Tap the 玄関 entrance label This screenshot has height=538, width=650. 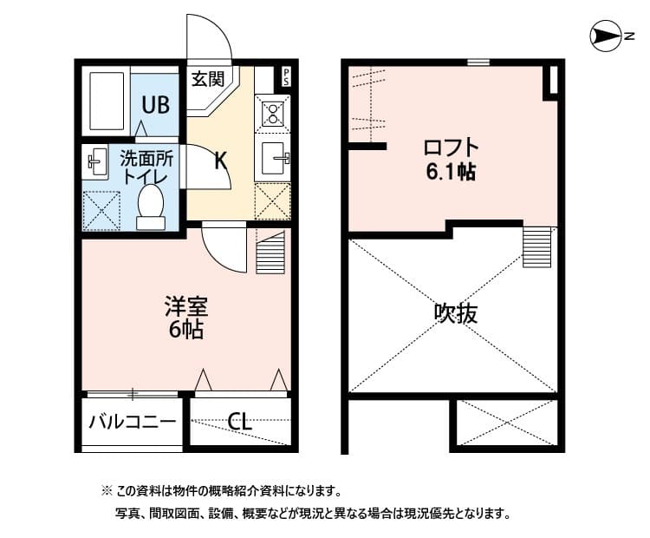208,80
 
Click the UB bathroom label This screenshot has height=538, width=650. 156,105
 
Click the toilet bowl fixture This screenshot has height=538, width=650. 151,207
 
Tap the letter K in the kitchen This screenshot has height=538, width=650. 220,160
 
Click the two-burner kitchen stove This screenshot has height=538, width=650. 273,114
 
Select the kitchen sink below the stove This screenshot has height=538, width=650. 273,159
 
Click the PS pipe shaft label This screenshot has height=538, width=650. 285,76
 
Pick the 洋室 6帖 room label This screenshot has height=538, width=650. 185,318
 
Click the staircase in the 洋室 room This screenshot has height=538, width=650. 271,252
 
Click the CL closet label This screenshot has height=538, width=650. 239,423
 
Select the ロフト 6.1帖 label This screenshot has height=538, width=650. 450,158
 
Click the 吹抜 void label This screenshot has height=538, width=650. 455,312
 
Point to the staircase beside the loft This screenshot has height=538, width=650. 537,246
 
